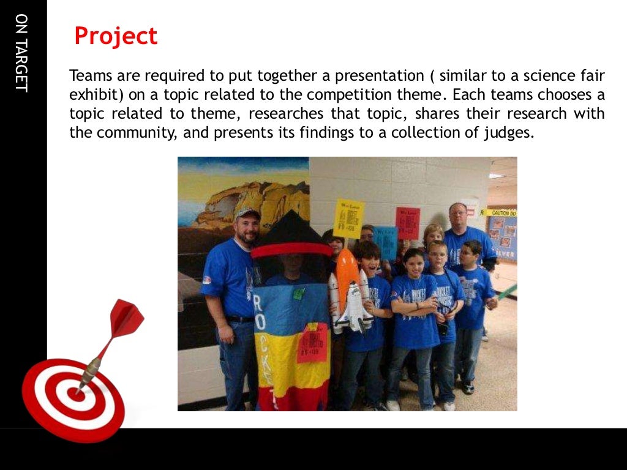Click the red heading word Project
coord(116,37)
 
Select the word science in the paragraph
coord(530,76)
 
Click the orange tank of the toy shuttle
coord(347,273)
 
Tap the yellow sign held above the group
coord(349,218)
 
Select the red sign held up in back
coord(407,223)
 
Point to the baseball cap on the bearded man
coord(247,214)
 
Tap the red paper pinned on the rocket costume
coord(312,343)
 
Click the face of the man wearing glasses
coord(457,216)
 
